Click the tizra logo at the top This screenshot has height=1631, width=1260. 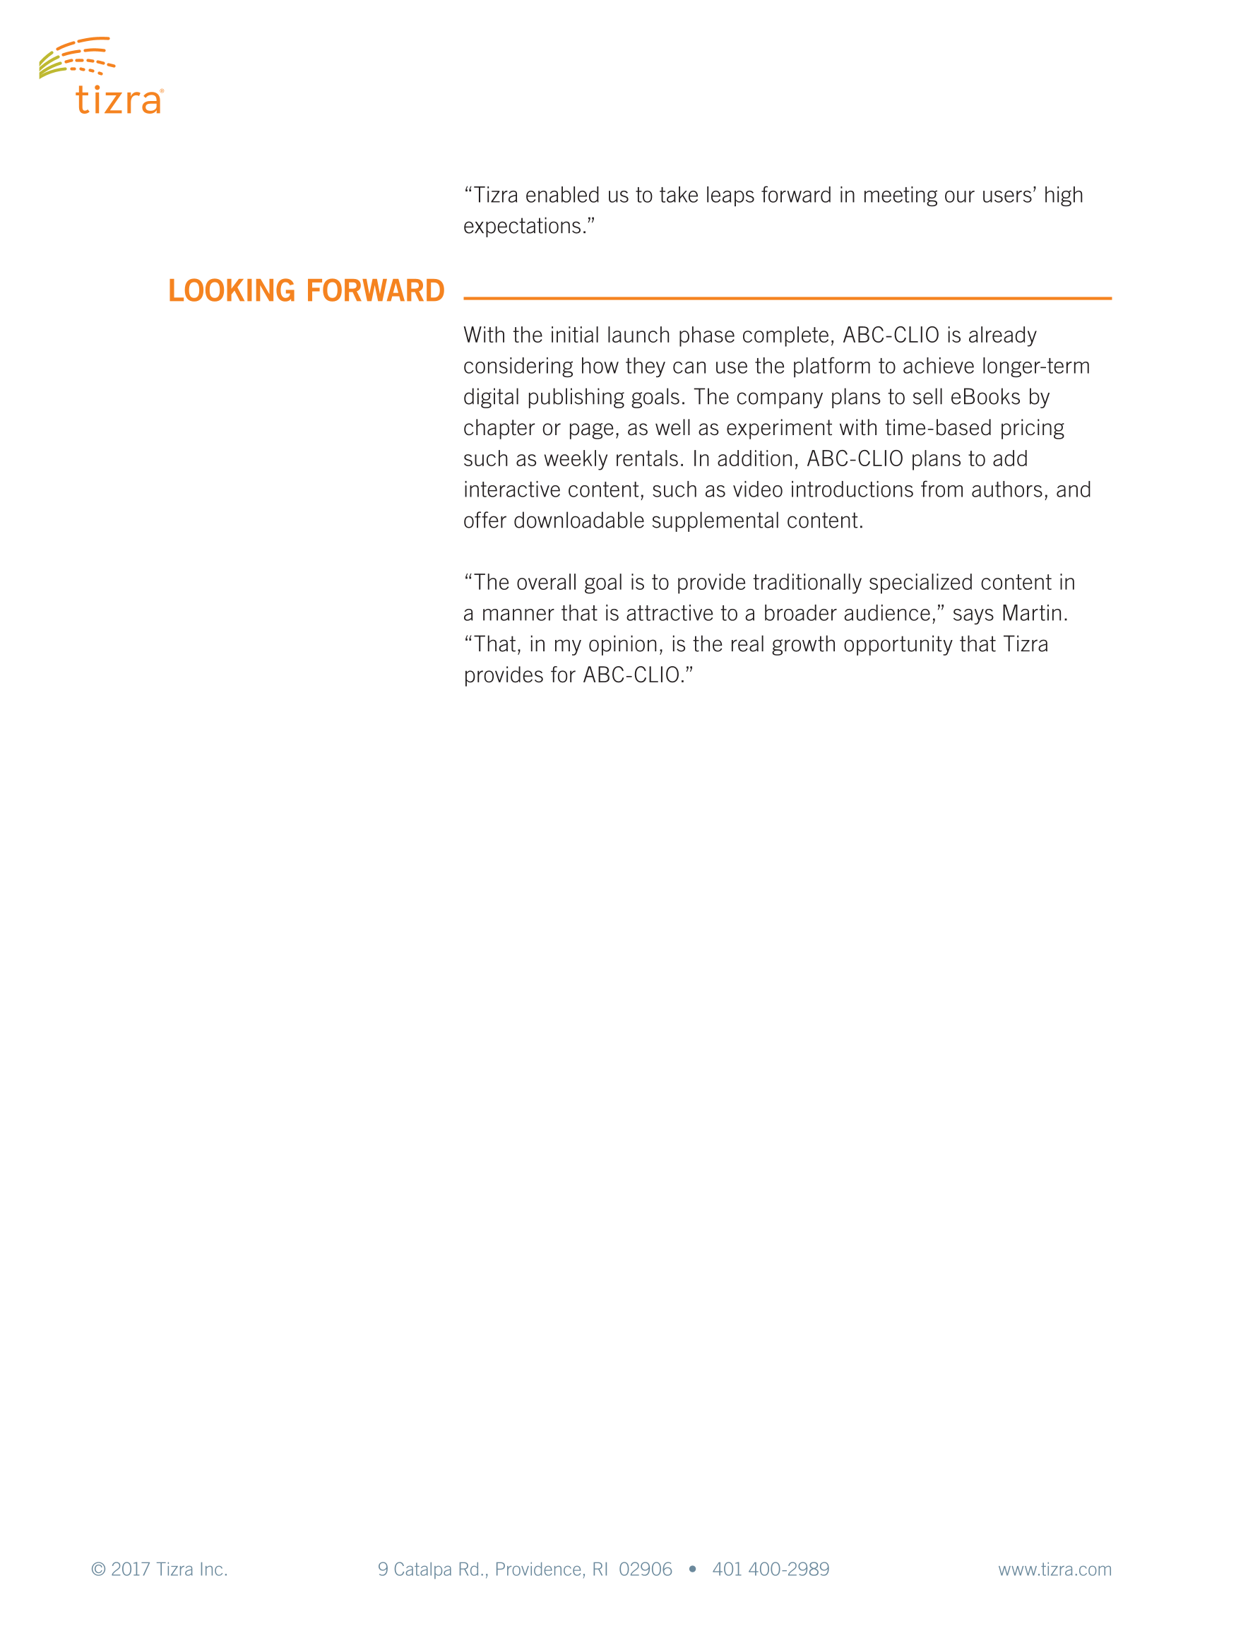[x=102, y=77]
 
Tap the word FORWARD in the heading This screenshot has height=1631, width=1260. [x=375, y=290]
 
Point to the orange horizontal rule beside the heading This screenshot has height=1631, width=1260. [x=787, y=298]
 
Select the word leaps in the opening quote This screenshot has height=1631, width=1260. [x=730, y=195]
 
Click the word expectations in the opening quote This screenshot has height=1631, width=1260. [x=522, y=226]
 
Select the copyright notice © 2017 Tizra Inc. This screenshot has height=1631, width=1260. [x=159, y=1569]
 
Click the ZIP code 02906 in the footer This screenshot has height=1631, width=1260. [x=646, y=1569]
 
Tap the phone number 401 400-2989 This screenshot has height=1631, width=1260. [x=771, y=1569]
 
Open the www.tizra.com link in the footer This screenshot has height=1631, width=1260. [x=1054, y=1569]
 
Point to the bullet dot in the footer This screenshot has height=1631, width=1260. [x=692, y=1569]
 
